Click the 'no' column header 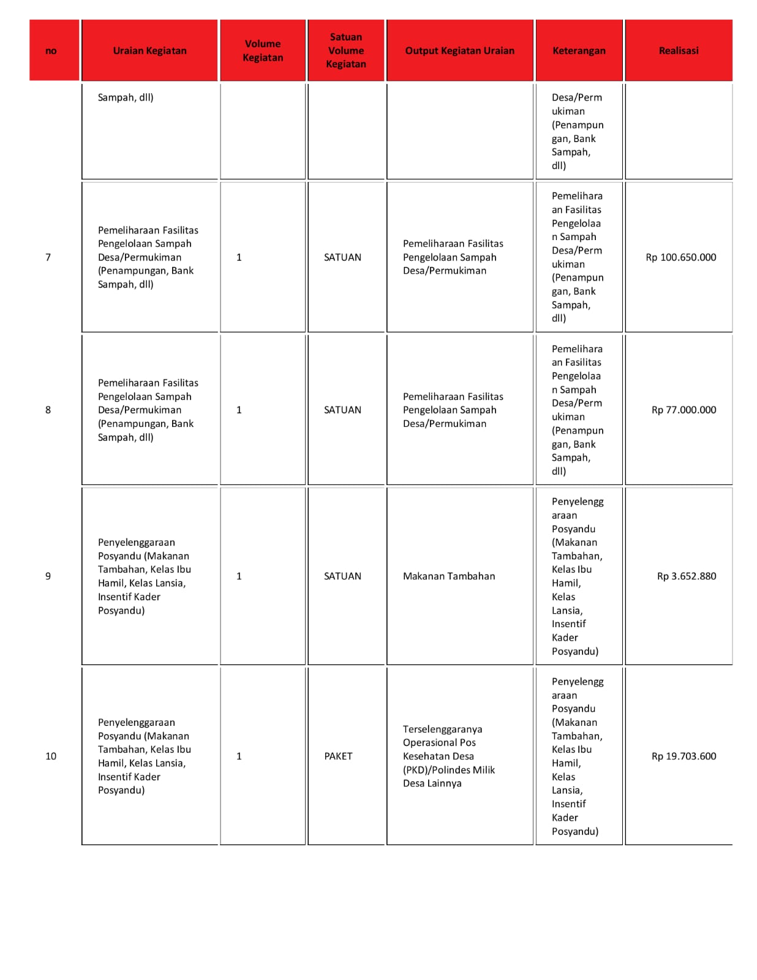51,51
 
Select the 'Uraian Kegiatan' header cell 149,51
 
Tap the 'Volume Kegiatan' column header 263,51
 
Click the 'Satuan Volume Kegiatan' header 345,51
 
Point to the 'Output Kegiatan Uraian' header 459,51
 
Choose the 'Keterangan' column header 579,51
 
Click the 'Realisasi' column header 678,51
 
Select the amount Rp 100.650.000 680,257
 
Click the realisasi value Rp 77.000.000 684,410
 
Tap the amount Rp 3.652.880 686,576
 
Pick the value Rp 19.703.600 684,756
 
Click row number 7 48,257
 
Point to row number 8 48,410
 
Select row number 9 48,576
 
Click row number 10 51,756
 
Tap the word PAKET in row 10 338,756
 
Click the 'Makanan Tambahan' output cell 449,576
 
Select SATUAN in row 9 342,576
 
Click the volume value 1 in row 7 239,257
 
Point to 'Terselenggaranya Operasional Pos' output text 442,736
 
